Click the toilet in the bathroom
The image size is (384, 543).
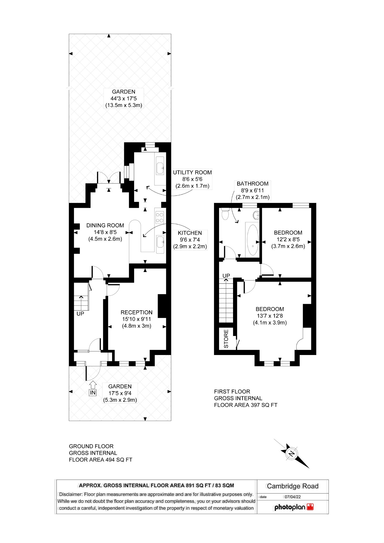click(225, 214)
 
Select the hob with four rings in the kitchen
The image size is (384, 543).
click(160, 217)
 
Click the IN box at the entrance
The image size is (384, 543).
click(93, 393)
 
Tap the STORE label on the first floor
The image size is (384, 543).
click(226, 339)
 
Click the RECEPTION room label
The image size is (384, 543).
click(136, 312)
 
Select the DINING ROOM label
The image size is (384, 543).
click(105, 226)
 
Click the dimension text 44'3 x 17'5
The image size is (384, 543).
click(124, 98)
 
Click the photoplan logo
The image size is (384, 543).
click(294, 507)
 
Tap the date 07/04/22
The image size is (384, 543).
click(293, 497)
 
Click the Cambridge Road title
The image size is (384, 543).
click(293, 486)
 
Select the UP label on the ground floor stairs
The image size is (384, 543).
click(80, 313)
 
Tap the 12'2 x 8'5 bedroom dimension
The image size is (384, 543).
click(288, 239)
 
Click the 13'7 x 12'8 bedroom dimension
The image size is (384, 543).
click(270, 316)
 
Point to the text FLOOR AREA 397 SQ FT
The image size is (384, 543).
click(245, 405)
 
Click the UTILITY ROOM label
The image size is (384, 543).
click(192, 172)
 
